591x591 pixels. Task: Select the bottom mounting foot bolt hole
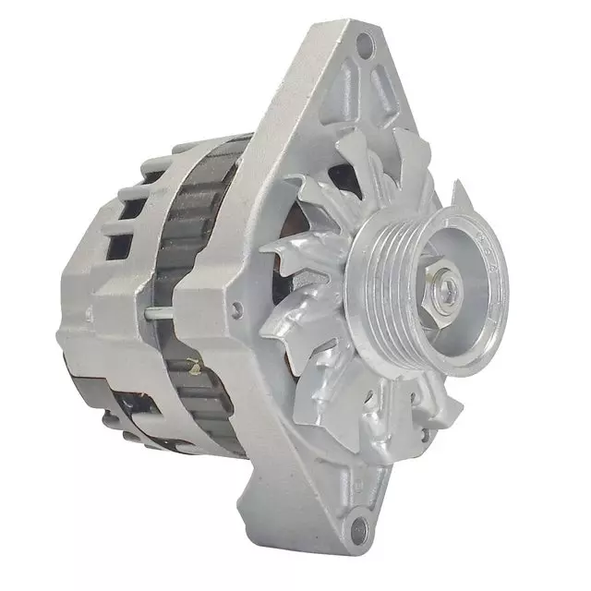(x=361, y=529)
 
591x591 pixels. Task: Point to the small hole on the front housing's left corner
(x=238, y=308)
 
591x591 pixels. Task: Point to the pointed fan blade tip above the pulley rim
(x=459, y=194)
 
